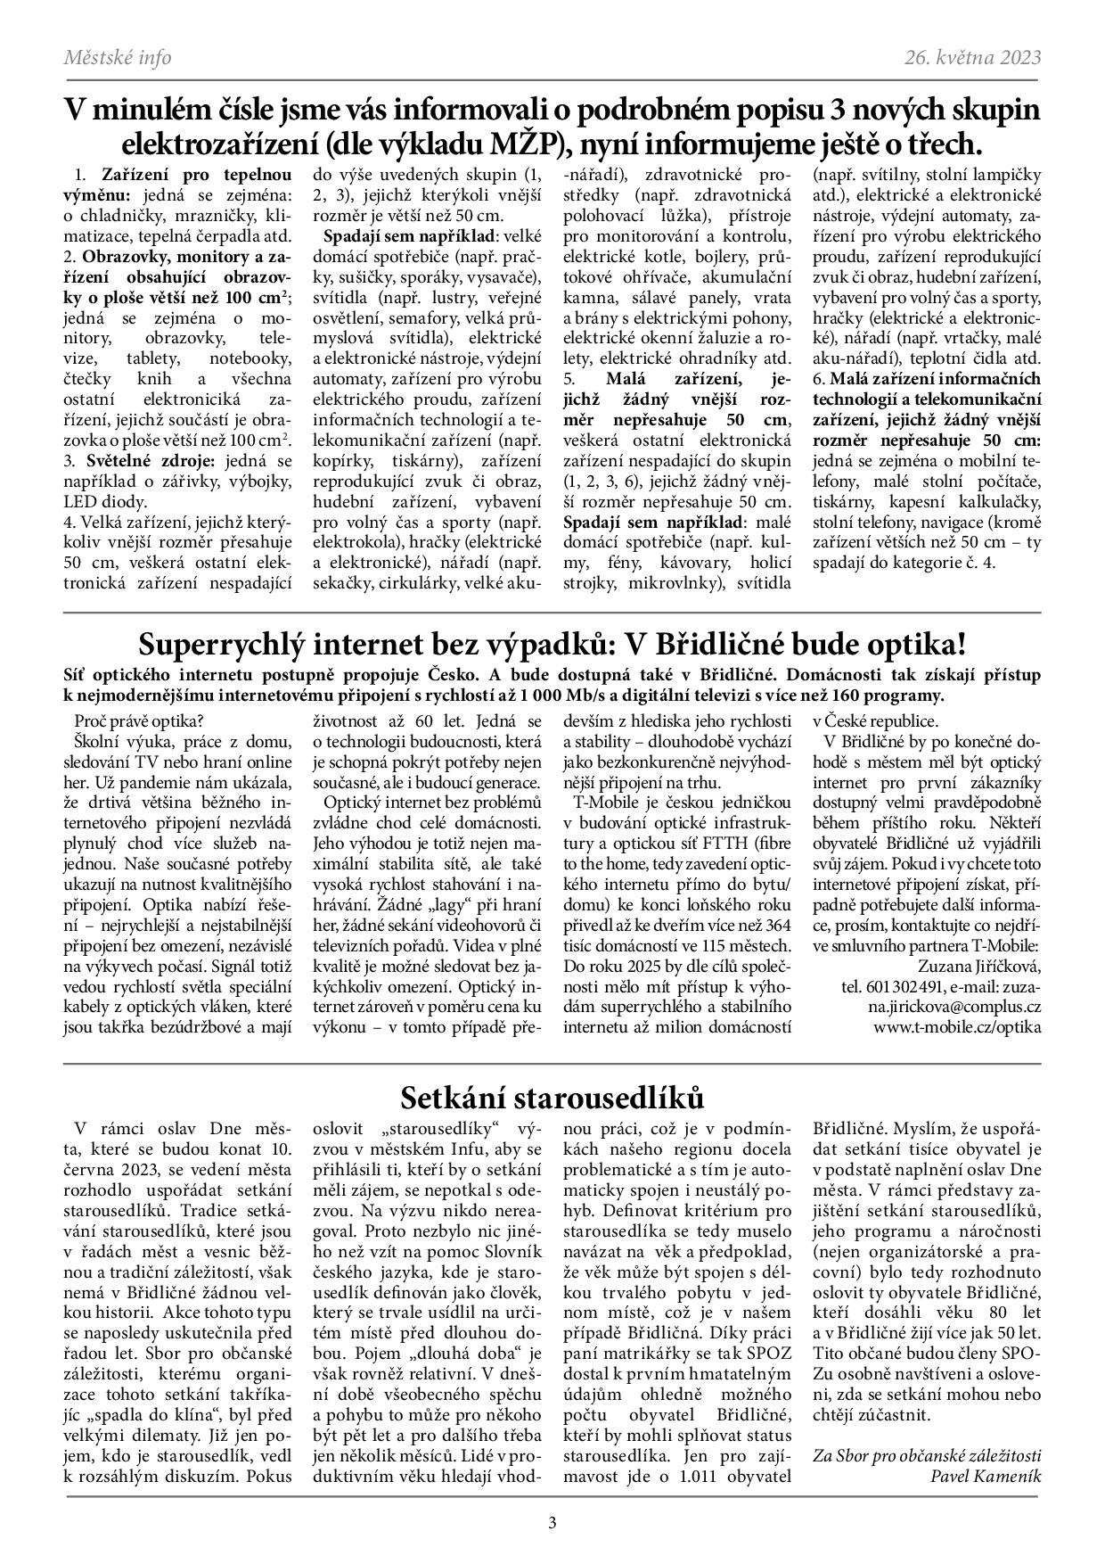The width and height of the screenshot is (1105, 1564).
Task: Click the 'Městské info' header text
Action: pos(118,58)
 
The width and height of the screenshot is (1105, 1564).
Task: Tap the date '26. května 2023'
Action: pos(972,58)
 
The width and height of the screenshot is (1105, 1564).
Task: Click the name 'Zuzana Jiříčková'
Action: pos(978,966)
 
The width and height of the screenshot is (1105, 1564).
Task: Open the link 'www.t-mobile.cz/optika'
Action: pos(957,1027)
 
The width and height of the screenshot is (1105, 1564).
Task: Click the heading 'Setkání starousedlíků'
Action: pos(552,1097)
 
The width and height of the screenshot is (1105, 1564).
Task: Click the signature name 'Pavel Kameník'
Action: pos(985,1475)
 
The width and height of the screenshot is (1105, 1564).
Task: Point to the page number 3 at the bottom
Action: pos(552,1523)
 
